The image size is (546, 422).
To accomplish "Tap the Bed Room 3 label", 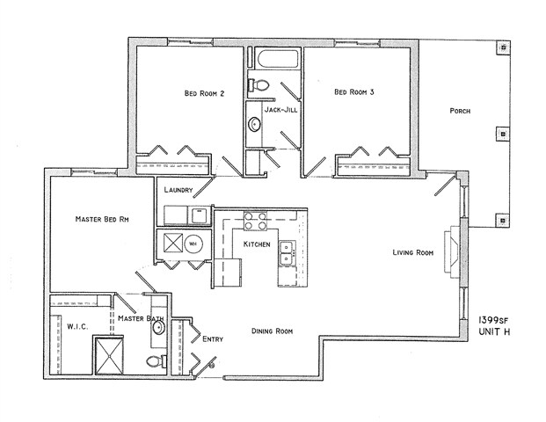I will point(349,92).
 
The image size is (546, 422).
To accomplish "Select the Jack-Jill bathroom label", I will point(279,110).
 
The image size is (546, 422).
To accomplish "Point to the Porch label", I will point(460,112).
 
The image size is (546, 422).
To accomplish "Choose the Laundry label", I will point(178,190).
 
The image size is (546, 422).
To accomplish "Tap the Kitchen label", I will point(257,244).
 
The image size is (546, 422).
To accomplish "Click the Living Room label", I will point(413,253).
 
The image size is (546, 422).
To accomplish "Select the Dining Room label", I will point(272,331).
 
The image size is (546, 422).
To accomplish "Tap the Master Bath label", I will point(138,319).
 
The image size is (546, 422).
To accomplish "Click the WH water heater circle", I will point(196,244).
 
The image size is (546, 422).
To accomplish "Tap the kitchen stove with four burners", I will point(254,220).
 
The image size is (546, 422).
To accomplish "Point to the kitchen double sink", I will point(285,254).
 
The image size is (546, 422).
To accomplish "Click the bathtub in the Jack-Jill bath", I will point(276,62).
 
